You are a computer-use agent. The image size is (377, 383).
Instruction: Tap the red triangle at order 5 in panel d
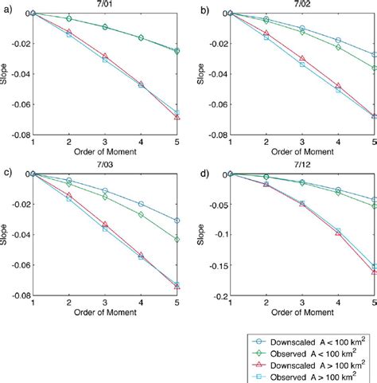pos(374,272)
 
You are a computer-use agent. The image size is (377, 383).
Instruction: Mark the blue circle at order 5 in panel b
pos(374,55)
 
